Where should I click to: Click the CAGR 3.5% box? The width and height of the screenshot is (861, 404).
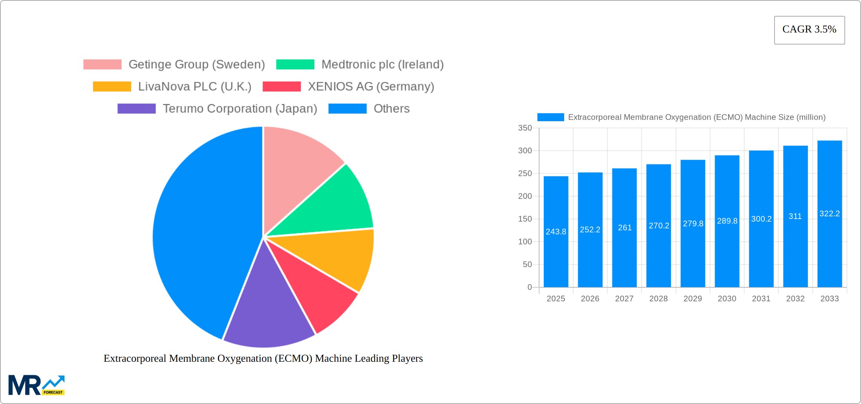[x=809, y=30]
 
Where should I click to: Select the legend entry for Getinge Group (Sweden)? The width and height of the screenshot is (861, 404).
[x=196, y=65]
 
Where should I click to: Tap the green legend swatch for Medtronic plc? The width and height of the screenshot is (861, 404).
[x=295, y=65]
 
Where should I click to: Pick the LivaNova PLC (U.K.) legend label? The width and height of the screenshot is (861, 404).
[x=194, y=86]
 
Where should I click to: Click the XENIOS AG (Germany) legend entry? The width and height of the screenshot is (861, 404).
[x=370, y=86]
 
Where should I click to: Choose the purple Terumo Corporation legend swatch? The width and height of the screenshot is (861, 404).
[x=136, y=109]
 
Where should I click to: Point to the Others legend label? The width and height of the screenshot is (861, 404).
[x=391, y=109]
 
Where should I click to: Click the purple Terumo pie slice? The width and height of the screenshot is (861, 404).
[x=268, y=313]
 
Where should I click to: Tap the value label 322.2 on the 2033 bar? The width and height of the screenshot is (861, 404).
[x=830, y=214]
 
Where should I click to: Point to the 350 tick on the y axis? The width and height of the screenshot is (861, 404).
[x=525, y=128]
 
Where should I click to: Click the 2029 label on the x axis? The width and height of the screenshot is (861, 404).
[x=693, y=299]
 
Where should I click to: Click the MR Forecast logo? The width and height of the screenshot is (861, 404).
[x=36, y=385]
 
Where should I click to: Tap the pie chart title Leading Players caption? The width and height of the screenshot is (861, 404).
[x=263, y=358]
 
